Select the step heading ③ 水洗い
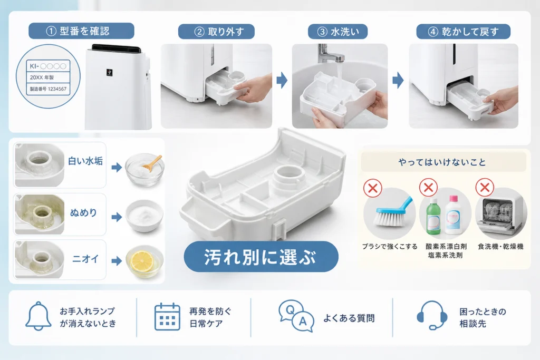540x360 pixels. [x=337, y=32]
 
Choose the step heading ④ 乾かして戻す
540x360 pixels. [x=463, y=32]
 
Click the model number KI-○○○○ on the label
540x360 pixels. [x=48, y=66]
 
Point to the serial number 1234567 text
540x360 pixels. [x=57, y=89]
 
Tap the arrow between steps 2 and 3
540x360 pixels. [x=282, y=80]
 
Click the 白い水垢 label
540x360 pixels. [x=85, y=161]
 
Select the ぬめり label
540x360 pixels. [x=83, y=213]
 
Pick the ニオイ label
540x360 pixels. [x=85, y=259]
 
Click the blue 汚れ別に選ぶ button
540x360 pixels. [x=261, y=257]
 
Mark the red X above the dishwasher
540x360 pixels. [x=485, y=188]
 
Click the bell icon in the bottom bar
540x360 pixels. [x=38, y=316]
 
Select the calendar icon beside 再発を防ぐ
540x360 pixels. [x=167, y=317]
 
